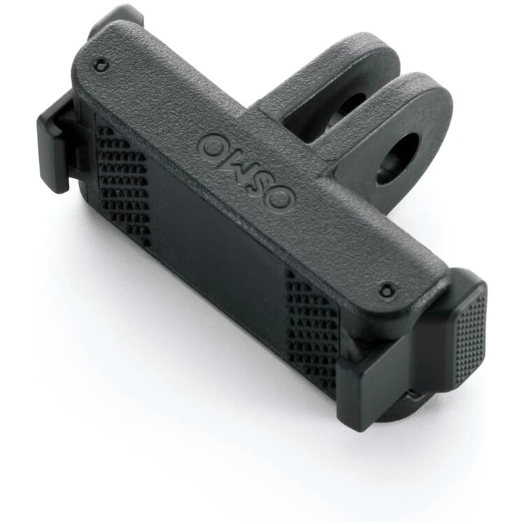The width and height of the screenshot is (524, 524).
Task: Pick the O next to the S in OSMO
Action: coord(281,200)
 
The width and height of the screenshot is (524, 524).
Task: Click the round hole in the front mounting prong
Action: coord(397,158)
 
